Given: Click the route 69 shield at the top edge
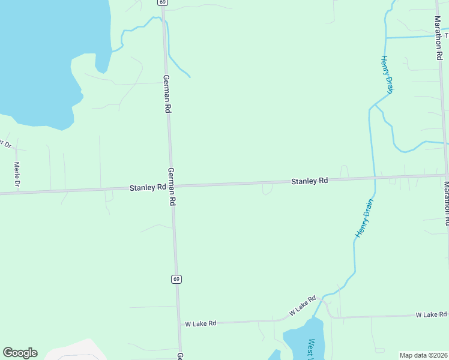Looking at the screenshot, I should pyautogui.click(x=163, y=2).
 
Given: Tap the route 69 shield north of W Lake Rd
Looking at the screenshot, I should pyautogui.click(x=175, y=279).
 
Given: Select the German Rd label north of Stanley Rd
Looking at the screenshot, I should pyautogui.click(x=167, y=94).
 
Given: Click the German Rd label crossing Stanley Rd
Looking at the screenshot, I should pyautogui.click(x=172, y=187).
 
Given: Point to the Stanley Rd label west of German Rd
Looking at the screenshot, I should pyautogui.click(x=148, y=188).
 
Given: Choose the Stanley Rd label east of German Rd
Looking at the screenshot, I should pyautogui.click(x=310, y=181).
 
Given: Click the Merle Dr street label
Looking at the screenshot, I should pyautogui.click(x=17, y=175).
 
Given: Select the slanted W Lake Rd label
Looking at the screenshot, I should pyautogui.click(x=303, y=305).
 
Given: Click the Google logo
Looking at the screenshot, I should pyautogui.click(x=20, y=353).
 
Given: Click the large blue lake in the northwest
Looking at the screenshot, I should pyautogui.click(x=42, y=54).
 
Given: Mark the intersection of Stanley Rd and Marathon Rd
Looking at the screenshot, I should pyautogui.click(x=445, y=175).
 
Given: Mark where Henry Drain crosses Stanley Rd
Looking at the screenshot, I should pyautogui.click(x=375, y=178).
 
